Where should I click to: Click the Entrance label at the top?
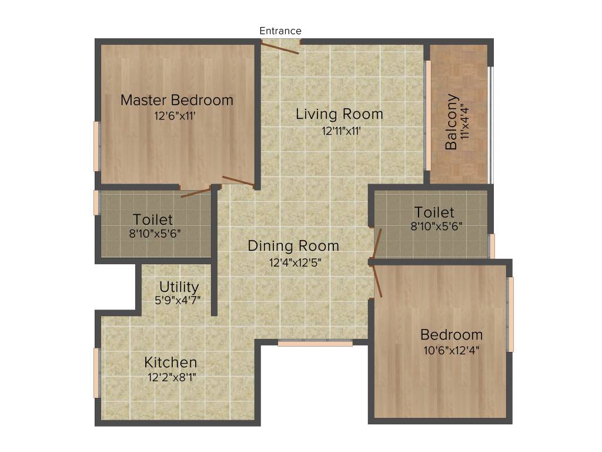pyautogui.click(x=280, y=31)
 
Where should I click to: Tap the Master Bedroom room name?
pyautogui.click(x=177, y=100)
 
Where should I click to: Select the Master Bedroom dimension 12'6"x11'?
pyautogui.click(x=175, y=116)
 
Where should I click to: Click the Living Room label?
pyautogui.click(x=339, y=114)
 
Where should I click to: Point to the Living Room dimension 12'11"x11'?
pyautogui.click(x=341, y=131)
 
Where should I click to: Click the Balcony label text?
pyautogui.click(x=451, y=122)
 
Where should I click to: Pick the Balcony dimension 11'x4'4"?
pyautogui.click(x=466, y=122)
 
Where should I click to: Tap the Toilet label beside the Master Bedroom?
pyautogui.click(x=153, y=220)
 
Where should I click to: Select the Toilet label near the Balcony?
pyautogui.click(x=434, y=212)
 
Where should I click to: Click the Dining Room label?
pyautogui.click(x=293, y=245)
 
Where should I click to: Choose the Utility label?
pyautogui.click(x=179, y=287)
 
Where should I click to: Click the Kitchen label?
pyautogui.click(x=171, y=362)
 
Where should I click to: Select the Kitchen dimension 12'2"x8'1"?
pyautogui.click(x=172, y=377)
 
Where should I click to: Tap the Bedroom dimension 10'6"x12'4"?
pyautogui.click(x=451, y=351)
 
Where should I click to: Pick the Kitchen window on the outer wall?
pyautogui.click(x=96, y=373)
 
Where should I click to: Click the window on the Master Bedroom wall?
pyautogui.click(x=96, y=146)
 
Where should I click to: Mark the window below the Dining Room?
pyautogui.click(x=315, y=343)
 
